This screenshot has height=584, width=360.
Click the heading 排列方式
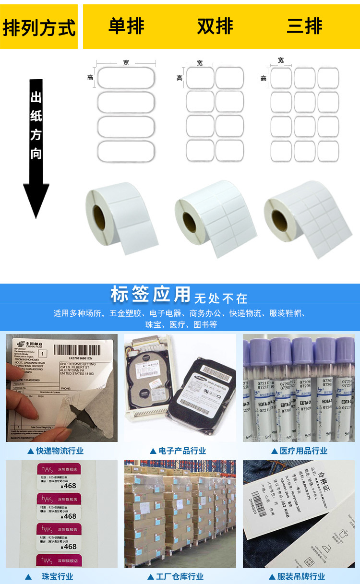click(39, 27)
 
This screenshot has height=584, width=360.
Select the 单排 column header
click(126, 26)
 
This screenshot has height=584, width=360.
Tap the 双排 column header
click(215, 26)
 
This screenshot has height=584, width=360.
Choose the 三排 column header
click(304, 26)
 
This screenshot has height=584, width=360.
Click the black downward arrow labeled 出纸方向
click(36, 149)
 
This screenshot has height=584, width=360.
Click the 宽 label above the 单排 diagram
click(126, 63)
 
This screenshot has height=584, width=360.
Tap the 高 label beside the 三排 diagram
click(264, 78)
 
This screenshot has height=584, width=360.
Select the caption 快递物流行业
click(60, 451)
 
